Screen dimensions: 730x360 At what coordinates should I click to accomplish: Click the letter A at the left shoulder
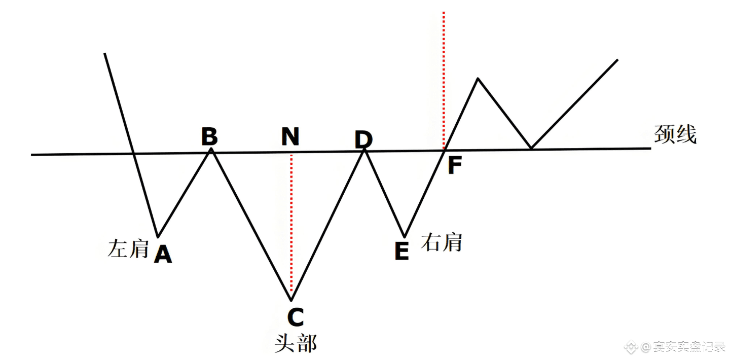coord(163,254)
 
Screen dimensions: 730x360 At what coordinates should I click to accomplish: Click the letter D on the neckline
coord(363,139)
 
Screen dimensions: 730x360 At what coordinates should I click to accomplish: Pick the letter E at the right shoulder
coord(401,251)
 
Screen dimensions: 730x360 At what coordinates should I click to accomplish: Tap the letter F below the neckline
coord(455,165)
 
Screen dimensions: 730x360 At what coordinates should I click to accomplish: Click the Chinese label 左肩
coord(128,248)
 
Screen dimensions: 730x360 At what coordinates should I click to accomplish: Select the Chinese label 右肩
coord(442,242)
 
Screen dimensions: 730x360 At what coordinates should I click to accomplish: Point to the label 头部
coord(295,343)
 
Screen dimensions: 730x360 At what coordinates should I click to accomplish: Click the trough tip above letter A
coord(158,236)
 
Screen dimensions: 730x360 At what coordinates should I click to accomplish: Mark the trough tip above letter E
coord(404,236)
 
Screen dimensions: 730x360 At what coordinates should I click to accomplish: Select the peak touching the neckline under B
coord(211,149)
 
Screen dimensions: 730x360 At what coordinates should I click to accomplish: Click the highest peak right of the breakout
coord(478,79)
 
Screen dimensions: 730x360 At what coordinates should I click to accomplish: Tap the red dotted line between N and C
coord(291,223)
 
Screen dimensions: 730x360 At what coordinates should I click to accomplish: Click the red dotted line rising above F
coord(444,76)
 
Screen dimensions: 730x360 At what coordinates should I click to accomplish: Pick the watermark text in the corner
coord(676,347)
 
